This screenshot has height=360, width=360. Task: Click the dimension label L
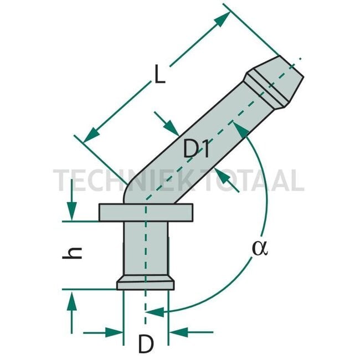[x=160, y=75]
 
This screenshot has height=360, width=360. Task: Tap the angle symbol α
[x=259, y=248]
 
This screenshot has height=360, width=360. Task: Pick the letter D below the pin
[x=145, y=345]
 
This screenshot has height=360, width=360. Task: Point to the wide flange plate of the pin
[x=145, y=212]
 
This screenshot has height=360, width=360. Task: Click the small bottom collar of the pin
[x=145, y=284]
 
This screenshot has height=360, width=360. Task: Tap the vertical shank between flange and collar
[x=145, y=249]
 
